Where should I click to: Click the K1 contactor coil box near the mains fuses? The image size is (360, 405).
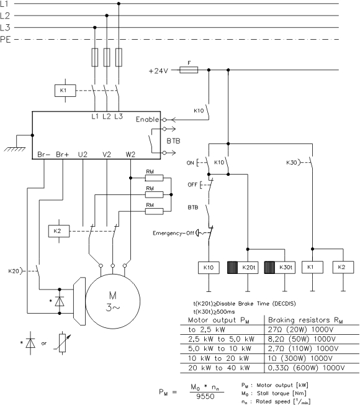tap(65, 91)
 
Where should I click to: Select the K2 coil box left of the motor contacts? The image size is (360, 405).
tap(59, 231)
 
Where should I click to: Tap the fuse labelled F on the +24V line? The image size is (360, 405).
tap(189, 70)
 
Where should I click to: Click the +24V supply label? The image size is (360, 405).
tap(158, 71)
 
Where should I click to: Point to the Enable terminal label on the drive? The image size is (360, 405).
tap(147, 119)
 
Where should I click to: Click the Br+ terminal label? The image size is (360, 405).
tap(63, 155)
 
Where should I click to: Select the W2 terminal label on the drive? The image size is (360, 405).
tap(130, 155)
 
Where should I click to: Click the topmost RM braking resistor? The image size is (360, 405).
tap(155, 178)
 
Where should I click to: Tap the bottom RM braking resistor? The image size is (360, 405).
tap(155, 212)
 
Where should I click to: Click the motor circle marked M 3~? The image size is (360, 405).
tap(113, 301)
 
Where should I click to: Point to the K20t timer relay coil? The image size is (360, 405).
tap(243, 268)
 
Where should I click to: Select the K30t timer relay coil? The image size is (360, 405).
tap(280, 268)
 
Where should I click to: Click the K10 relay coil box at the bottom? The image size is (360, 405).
tap(209, 268)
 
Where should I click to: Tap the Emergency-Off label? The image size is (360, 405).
tap(173, 233)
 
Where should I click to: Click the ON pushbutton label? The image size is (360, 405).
tap(190, 163)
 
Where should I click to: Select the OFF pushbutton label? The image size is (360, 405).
tap(192, 185)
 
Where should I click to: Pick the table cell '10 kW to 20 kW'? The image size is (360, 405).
tap(218, 358)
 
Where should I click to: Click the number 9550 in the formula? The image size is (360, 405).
tap(205, 396)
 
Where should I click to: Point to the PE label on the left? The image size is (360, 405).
tap(6, 40)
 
